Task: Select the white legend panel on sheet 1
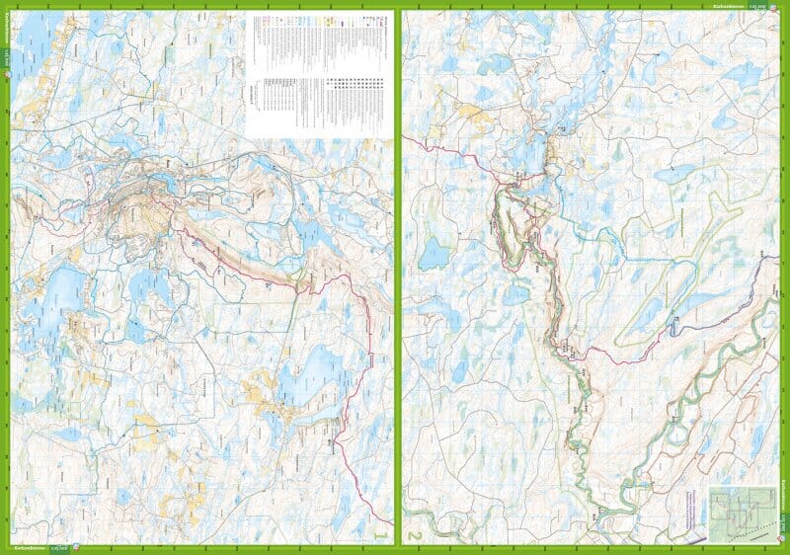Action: point(317,75)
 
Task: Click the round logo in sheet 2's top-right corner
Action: point(778,6)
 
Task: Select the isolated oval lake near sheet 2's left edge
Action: point(434,254)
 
